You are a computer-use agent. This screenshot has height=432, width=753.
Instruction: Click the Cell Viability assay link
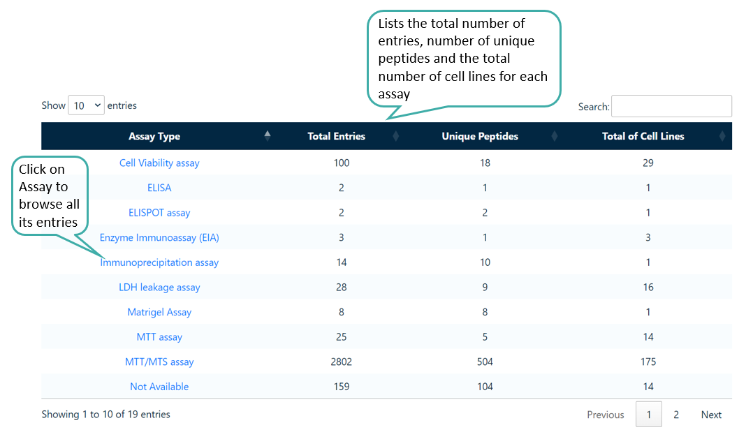(159, 163)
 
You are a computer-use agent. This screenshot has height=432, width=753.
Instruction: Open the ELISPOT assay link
(159, 213)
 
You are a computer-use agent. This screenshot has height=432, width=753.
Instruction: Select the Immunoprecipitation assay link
(159, 262)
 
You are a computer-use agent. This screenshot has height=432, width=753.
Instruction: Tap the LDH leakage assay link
(159, 288)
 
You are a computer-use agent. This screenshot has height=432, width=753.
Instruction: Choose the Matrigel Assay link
(159, 312)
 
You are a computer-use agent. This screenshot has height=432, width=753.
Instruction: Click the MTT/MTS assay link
(159, 362)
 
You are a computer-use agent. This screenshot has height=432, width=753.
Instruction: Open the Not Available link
(159, 387)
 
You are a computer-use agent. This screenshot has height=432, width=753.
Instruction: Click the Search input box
(671, 106)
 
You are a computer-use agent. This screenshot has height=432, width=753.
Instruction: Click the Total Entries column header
(336, 136)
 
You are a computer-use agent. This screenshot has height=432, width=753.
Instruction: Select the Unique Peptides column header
(480, 136)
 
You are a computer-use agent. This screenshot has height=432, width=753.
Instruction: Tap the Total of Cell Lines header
(643, 136)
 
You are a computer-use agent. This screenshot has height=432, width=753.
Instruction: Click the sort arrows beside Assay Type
(268, 136)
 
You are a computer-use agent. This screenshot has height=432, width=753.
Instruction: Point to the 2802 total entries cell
(342, 362)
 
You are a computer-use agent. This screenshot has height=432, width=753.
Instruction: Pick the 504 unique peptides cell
(485, 362)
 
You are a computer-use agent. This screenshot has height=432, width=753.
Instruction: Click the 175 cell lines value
(648, 362)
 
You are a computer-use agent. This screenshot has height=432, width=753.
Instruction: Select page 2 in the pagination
(676, 415)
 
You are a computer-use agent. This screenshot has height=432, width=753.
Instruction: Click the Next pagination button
(711, 415)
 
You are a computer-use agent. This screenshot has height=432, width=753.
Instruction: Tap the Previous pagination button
(605, 415)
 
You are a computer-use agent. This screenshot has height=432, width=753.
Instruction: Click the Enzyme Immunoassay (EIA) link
(159, 238)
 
